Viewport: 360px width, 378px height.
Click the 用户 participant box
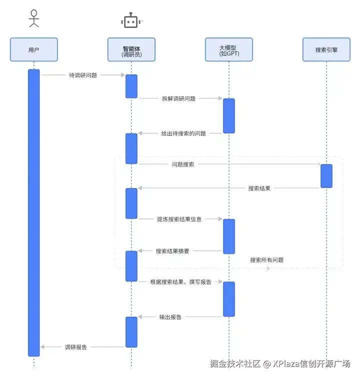[x=33, y=50]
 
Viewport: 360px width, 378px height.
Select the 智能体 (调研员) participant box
[x=131, y=50]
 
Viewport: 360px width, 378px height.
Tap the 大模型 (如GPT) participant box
[x=229, y=50]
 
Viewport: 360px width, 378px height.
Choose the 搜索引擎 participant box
[x=326, y=50]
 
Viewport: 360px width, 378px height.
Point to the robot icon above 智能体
[x=131, y=21]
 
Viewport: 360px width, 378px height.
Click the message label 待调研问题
[x=83, y=75]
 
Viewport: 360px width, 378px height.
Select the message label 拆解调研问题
[x=179, y=98]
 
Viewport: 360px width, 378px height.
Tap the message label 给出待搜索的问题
[x=183, y=133]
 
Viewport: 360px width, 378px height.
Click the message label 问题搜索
[x=183, y=164]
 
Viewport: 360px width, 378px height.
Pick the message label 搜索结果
[x=259, y=188]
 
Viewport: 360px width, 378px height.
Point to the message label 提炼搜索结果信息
[x=179, y=219]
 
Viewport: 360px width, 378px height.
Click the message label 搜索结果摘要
[x=172, y=251]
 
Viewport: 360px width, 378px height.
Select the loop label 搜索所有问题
[x=267, y=260]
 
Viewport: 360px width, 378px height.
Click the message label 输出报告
[x=170, y=317]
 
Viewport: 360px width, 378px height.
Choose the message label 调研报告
[x=76, y=347]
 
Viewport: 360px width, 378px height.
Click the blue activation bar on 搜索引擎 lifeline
[x=326, y=176]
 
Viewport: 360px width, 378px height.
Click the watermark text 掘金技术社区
[x=235, y=363]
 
